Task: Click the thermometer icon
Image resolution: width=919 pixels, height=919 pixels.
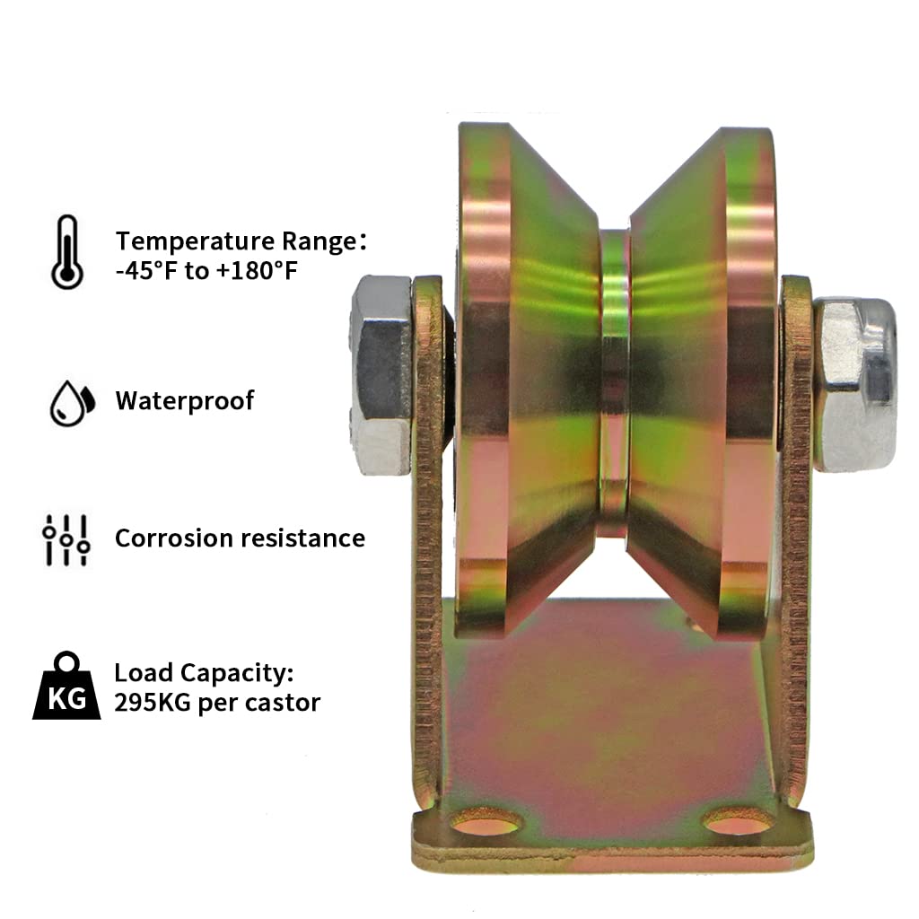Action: click(67, 252)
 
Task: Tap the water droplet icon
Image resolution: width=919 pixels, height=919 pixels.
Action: click(72, 403)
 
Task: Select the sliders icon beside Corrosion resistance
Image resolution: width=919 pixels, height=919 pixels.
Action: click(66, 539)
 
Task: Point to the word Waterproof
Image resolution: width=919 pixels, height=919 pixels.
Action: click(185, 401)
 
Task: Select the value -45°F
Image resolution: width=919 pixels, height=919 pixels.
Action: click(146, 271)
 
